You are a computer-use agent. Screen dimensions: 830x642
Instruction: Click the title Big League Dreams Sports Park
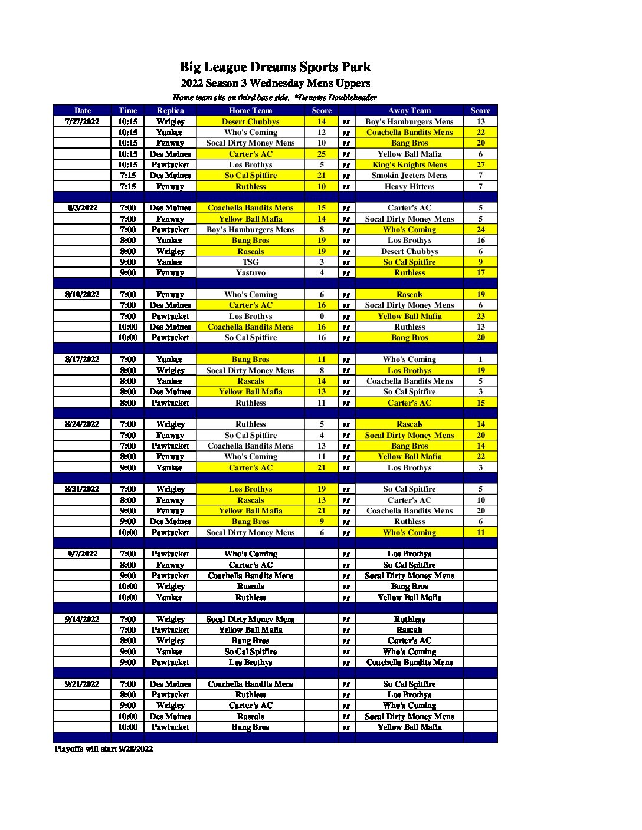click(x=275, y=67)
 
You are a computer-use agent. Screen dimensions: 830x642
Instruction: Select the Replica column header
click(x=170, y=110)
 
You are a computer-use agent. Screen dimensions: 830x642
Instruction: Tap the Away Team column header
click(x=410, y=110)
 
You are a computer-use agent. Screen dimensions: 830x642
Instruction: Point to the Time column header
click(x=127, y=110)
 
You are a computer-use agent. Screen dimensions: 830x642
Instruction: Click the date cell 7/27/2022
click(x=82, y=121)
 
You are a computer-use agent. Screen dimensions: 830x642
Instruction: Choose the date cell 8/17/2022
click(x=82, y=359)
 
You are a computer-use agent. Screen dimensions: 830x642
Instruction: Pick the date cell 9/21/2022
click(x=82, y=684)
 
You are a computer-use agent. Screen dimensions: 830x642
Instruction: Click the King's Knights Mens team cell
click(x=410, y=164)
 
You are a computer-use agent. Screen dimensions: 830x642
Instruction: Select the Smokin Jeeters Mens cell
click(x=410, y=175)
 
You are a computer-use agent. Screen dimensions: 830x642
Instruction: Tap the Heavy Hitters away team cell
click(x=410, y=186)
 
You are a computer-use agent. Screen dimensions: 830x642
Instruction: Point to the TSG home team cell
click(x=250, y=262)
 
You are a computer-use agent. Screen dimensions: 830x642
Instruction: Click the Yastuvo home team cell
click(x=250, y=272)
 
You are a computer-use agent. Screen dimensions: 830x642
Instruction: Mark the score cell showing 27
click(x=480, y=164)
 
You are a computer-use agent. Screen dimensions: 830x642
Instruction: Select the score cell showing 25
click(x=322, y=154)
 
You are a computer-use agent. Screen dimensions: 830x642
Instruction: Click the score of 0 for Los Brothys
click(x=322, y=316)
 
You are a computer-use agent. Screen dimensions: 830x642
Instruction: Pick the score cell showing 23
click(x=480, y=316)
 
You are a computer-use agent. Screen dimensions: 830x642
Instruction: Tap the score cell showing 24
click(x=480, y=229)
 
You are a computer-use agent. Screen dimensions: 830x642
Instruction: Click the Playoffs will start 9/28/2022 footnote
click(x=104, y=749)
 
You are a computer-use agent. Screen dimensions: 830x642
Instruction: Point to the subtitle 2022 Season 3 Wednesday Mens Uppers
click(x=275, y=83)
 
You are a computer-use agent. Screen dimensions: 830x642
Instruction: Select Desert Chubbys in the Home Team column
click(x=250, y=121)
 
